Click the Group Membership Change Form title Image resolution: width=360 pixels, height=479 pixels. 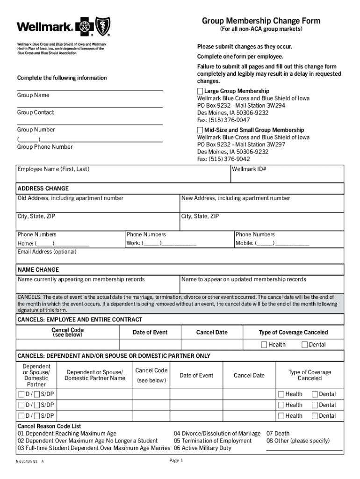click(x=261, y=21)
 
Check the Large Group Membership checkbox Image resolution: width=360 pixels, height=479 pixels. click(x=200, y=91)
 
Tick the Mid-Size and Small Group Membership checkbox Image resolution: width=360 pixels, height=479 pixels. click(x=200, y=130)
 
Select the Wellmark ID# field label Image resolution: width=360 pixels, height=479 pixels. click(x=249, y=169)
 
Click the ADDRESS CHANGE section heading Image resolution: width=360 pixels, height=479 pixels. click(x=43, y=189)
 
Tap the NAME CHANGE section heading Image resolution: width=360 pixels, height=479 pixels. click(x=38, y=270)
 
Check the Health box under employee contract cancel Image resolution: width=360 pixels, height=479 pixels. click(x=264, y=345)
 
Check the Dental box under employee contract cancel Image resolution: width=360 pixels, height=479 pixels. click(x=305, y=345)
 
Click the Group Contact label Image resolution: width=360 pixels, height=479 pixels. click(x=36, y=113)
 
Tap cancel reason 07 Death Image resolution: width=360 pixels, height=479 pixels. click(x=278, y=434)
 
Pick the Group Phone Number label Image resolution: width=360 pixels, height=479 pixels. click(x=45, y=147)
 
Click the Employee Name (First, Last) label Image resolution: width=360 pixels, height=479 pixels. click(x=53, y=169)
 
